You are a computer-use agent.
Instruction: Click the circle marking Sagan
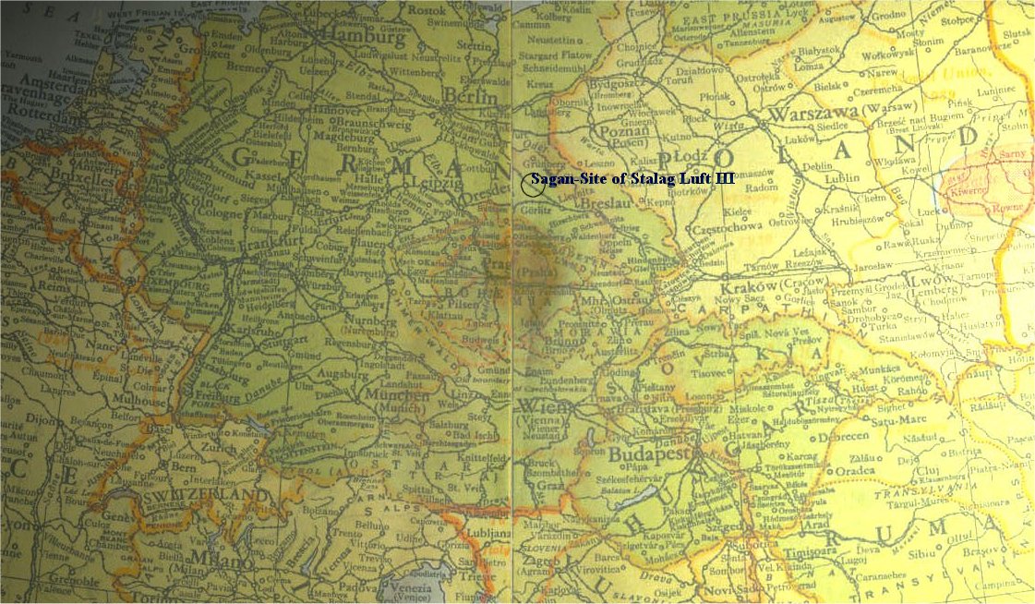[532, 184]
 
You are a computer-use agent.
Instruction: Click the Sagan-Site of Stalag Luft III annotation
[633, 178]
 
